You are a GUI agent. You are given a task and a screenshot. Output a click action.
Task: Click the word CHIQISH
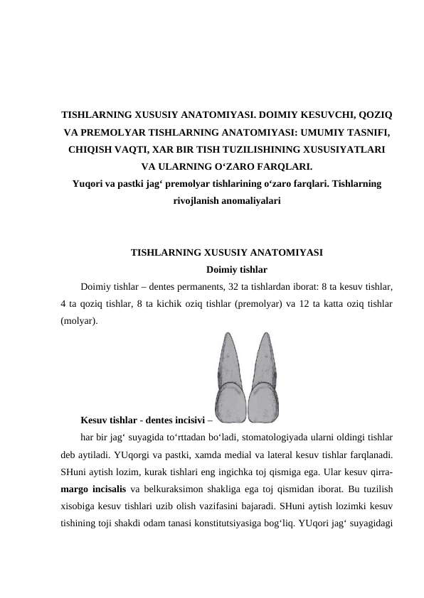[90, 150]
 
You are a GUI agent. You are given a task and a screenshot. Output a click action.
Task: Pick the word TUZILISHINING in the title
[263, 150]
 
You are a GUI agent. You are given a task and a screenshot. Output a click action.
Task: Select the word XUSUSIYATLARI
[344, 150]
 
